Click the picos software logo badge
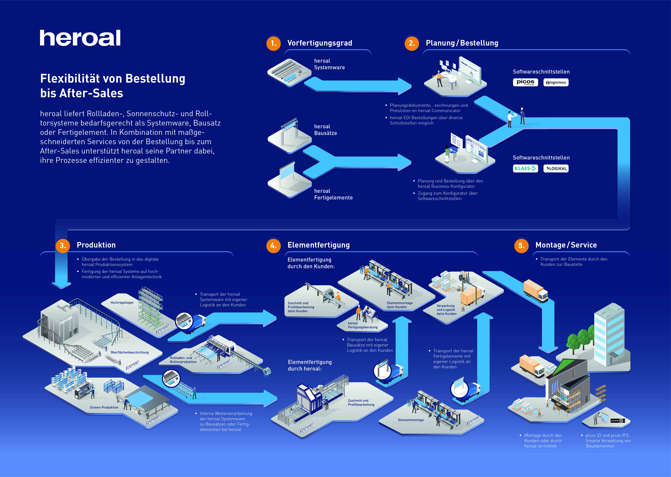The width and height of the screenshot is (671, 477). pyautogui.click(x=525, y=82)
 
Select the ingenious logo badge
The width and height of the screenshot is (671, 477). pyautogui.click(x=556, y=82)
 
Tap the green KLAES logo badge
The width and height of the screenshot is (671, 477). pyautogui.click(x=525, y=168)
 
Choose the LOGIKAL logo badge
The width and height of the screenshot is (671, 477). pyautogui.click(x=556, y=168)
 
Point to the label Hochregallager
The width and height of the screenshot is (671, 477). pyautogui.click(x=122, y=303)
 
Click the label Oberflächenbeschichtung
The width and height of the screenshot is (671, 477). pyautogui.click(x=130, y=352)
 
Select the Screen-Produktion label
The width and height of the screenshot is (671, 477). pyautogui.click(x=104, y=407)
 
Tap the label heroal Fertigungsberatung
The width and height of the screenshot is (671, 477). pyautogui.click(x=363, y=325)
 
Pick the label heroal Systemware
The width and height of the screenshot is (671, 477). pyautogui.click(x=329, y=64)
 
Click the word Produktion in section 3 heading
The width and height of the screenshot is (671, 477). pyautogui.click(x=96, y=245)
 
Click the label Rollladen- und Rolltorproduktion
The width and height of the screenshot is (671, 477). pyautogui.click(x=183, y=360)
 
